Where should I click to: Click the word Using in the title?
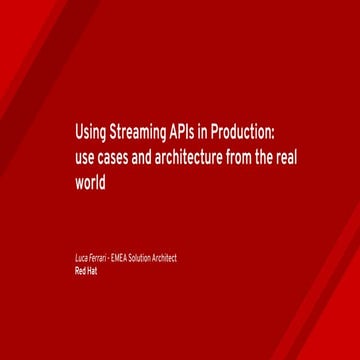[x=89, y=134]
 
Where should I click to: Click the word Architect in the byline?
[x=166, y=259]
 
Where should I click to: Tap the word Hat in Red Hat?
[x=92, y=269]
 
